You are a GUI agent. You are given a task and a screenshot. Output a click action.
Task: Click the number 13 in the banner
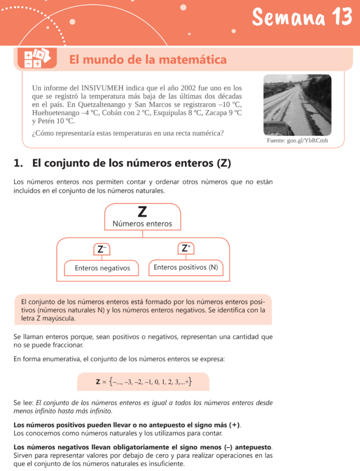coord(340,18)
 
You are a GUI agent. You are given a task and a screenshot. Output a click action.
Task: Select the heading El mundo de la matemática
coord(148,59)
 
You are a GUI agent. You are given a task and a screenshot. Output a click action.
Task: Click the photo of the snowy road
coord(297,105)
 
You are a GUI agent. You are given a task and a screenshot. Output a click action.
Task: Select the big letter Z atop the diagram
coord(142,212)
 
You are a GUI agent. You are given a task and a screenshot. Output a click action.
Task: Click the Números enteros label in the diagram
coord(142,224)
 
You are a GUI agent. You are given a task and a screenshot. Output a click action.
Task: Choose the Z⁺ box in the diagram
coord(186,248)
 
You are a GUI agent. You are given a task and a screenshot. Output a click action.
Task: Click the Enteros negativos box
coord(102,268)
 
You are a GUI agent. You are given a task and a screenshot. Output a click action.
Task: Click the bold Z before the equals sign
coord(98,381)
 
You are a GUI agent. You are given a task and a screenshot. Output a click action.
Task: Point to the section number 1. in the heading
coord(18,163)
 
